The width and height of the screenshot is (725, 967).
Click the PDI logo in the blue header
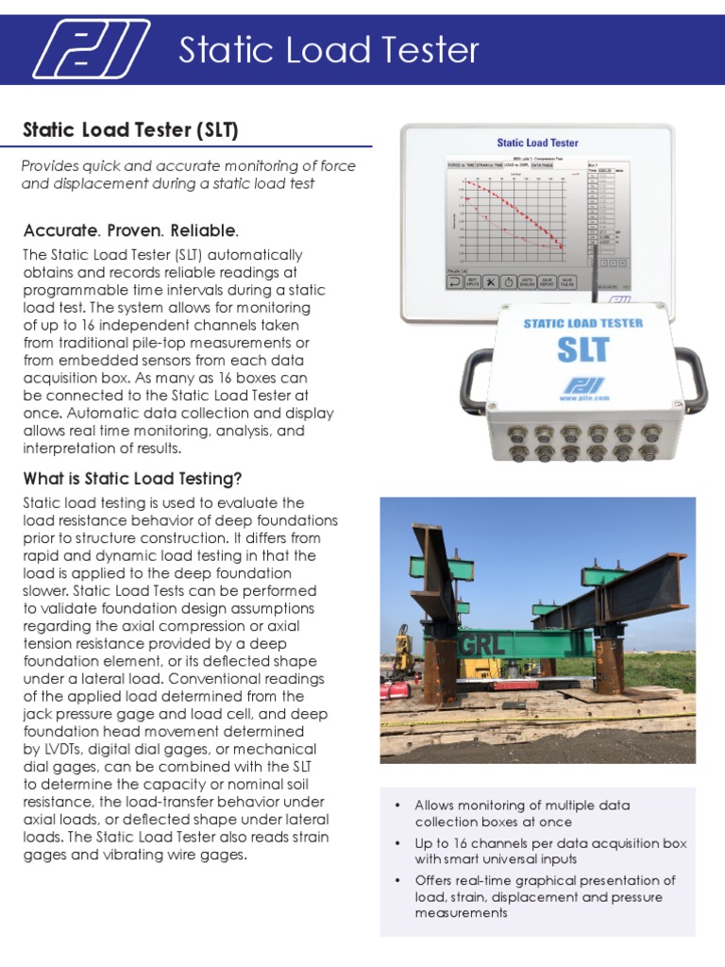coord(91,49)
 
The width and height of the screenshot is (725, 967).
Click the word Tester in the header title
coord(424,50)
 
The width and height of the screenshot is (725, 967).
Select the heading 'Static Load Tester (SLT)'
coord(130,128)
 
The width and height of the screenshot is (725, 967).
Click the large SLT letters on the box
coord(582,348)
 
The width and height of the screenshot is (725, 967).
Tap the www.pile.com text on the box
coord(582,398)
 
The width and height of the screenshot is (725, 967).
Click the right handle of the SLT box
coord(694,378)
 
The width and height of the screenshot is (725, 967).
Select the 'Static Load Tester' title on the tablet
coord(537,143)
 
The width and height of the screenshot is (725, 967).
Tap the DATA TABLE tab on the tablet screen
coord(542,165)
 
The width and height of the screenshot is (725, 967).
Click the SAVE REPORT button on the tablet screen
coord(548,282)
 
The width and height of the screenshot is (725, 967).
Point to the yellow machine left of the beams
coord(405,651)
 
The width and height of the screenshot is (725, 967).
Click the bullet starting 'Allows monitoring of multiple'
coord(522,813)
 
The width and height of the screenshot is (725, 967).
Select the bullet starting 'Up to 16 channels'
coord(550,851)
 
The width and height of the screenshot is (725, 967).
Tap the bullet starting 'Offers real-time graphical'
coord(543,896)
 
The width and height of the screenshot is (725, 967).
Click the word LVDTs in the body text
coord(59,750)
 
